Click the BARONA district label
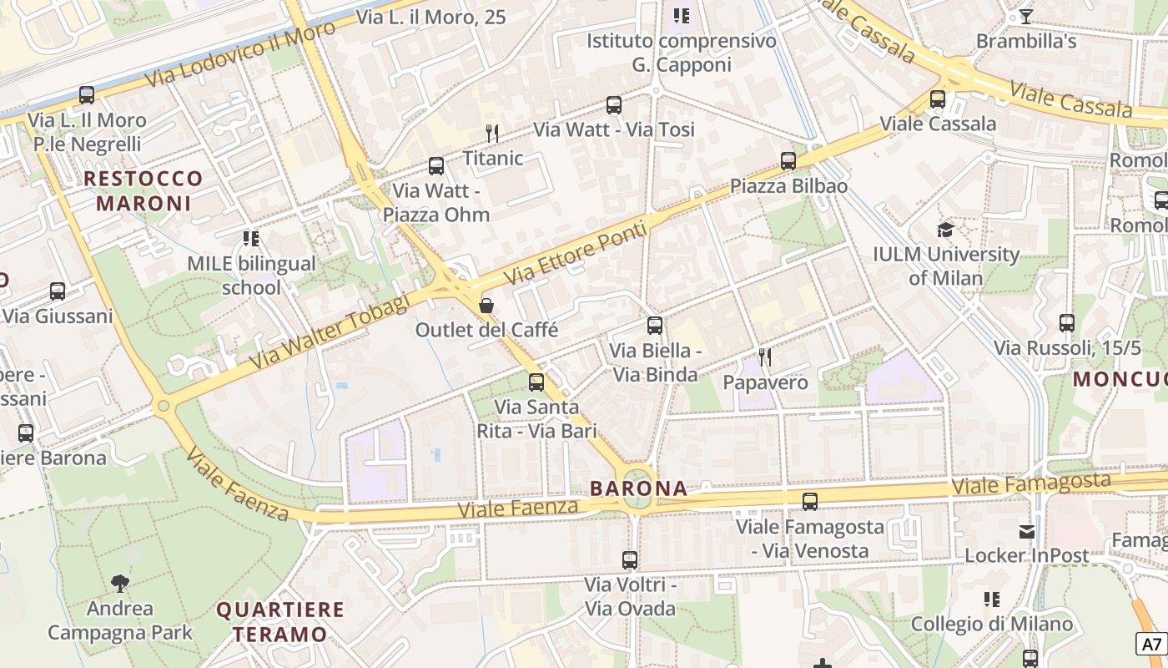click(x=639, y=488)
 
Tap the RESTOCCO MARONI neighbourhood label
click(x=143, y=190)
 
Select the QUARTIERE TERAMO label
click(x=280, y=621)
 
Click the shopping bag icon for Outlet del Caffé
click(x=486, y=306)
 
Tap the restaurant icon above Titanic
click(x=492, y=133)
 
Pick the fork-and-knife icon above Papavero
click(x=764, y=357)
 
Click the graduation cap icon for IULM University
click(x=945, y=229)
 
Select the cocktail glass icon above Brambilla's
click(x=1025, y=16)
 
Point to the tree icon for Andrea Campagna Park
click(x=120, y=583)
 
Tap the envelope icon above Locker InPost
click(x=1026, y=531)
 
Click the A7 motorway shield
click(x=1151, y=644)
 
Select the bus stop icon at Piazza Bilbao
click(x=788, y=160)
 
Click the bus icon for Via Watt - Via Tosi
click(x=614, y=104)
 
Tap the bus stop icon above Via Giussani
click(x=58, y=291)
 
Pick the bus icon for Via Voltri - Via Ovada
click(x=630, y=560)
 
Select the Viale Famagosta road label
click(x=1031, y=483)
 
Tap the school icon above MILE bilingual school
click(x=251, y=239)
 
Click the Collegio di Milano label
click(x=991, y=624)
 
